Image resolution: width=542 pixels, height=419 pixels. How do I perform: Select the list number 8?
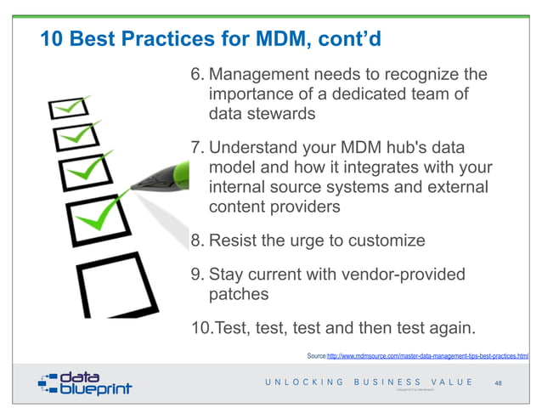(x=195, y=241)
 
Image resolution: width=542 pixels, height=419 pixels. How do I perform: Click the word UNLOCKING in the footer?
(x=304, y=382)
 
